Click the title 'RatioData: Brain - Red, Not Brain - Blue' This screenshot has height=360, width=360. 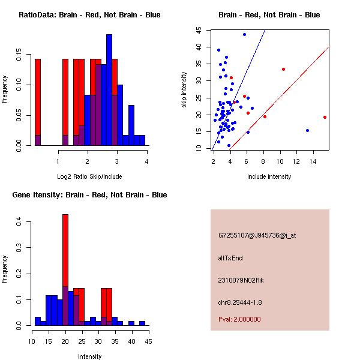coord(89,14)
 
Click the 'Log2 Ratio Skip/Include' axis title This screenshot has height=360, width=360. coord(89,176)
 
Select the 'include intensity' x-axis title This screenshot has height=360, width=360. coord(269,176)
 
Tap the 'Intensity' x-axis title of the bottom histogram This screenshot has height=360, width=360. coord(89,356)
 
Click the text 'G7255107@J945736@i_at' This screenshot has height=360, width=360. coord(257,235)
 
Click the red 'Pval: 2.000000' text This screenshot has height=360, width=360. coord(239,319)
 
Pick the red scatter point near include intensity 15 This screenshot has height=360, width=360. coord(325,117)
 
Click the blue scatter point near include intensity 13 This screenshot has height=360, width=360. coord(307,130)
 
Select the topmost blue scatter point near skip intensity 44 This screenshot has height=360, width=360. coord(244,34)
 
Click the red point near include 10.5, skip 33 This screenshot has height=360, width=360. coord(283,69)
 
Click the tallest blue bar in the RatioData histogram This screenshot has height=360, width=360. coord(109,90)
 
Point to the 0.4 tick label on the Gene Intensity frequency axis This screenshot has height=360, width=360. coord(20,222)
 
